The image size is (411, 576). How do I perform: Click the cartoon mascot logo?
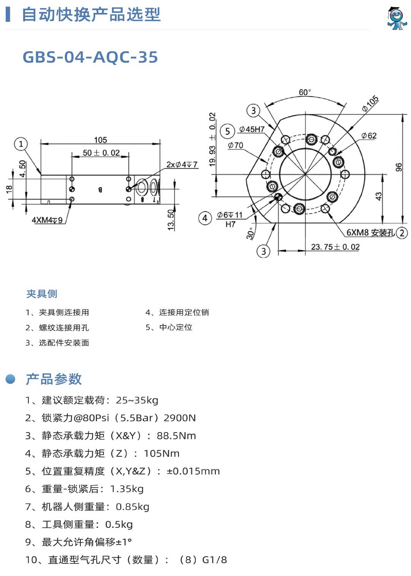397,18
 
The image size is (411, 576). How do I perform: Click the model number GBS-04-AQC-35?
90,57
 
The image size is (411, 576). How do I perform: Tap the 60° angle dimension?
305,92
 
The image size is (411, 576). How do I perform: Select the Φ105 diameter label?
370,104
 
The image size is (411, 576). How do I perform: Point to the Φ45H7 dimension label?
252,129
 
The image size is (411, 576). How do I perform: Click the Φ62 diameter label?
369,136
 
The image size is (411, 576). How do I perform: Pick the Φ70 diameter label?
235,145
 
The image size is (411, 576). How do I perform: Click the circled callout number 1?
21,144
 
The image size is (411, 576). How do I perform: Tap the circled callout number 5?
227,131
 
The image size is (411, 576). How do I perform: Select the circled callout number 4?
205,218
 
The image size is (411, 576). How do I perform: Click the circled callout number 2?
402,233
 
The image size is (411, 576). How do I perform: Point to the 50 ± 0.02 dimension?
101,153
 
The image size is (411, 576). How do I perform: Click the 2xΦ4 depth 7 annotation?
182,164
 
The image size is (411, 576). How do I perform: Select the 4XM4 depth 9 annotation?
47,220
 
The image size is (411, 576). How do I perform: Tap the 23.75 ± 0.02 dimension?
335,247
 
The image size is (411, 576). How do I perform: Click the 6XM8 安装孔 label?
370,232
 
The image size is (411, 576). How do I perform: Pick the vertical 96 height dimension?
398,167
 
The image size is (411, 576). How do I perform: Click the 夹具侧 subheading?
42,294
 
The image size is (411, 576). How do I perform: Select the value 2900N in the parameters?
180,418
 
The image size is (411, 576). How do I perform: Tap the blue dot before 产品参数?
10,379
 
